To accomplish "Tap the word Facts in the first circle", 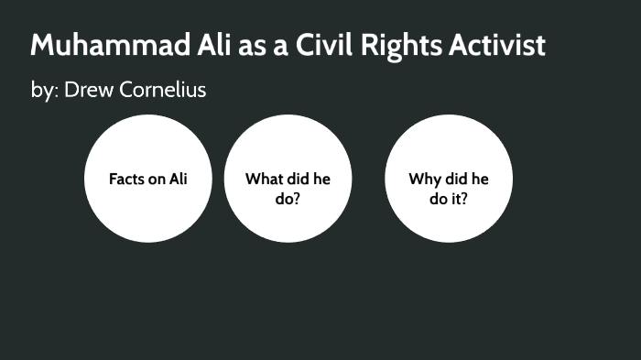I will click(x=128, y=179).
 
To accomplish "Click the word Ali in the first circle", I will click(x=178, y=179).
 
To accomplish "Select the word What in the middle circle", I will click(x=264, y=179).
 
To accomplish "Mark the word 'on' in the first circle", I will click(x=158, y=179).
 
